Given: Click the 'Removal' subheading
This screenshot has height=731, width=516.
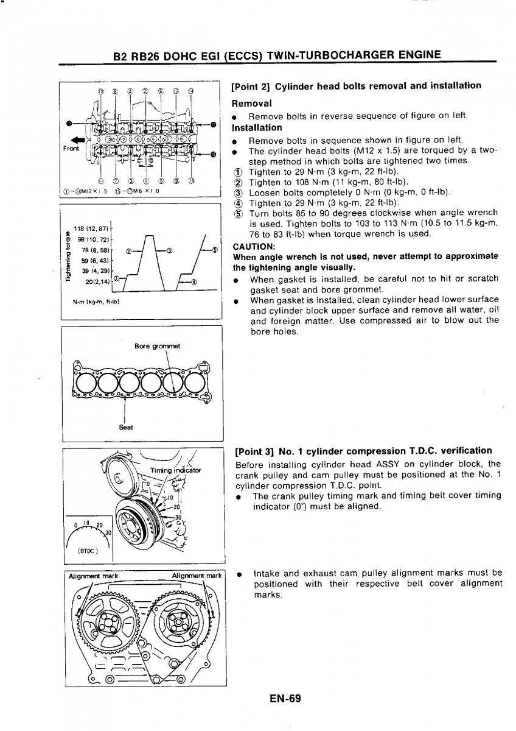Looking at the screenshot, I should [x=252, y=104].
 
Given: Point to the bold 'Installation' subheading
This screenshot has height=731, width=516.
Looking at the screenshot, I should [x=257, y=128].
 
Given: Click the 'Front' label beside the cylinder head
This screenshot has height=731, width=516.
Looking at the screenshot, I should [x=71, y=148].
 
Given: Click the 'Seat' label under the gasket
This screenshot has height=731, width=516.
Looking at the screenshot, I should [x=125, y=426].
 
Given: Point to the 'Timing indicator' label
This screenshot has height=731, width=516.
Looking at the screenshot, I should [x=175, y=470].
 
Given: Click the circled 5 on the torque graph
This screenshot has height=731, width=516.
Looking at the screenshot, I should [x=214, y=250].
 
